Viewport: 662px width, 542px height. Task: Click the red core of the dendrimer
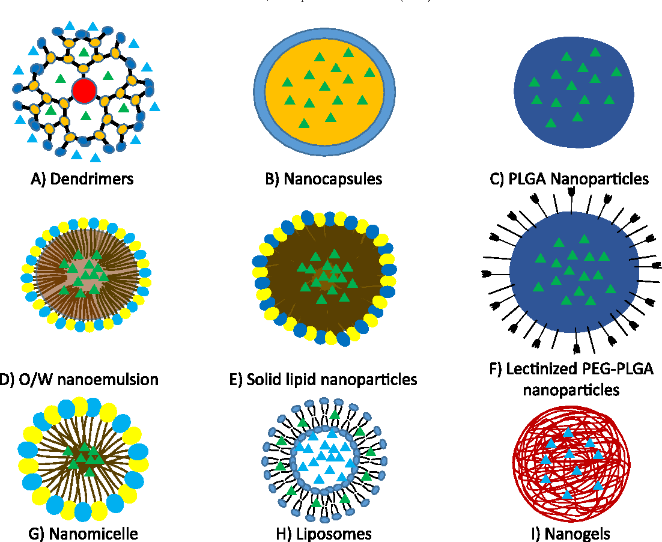[x=84, y=91]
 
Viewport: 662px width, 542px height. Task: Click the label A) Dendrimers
[x=82, y=179]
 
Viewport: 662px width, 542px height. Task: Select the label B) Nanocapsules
[x=324, y=179]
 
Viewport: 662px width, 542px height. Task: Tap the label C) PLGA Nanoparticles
[x=569, y=179]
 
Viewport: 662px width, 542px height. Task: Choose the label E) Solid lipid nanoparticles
[x=323, y=379]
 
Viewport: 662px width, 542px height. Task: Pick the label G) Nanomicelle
[x=84, y=533]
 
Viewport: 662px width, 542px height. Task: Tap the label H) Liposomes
[x=323, y=533]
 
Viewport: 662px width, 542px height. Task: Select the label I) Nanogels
[x=571, y=533]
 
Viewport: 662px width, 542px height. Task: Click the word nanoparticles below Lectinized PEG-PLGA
[x=571, y=389]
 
